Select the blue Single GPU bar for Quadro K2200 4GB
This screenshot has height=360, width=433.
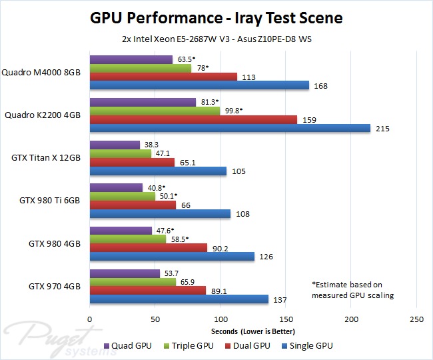pyautogui.click(x=229, y=128)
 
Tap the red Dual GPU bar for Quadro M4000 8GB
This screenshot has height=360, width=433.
pyautogui.click(x=163, y=76)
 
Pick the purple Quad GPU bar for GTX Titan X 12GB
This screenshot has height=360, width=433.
pyautogui.click(x=115, y=145)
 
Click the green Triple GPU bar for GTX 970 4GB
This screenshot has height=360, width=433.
pyautogui.click(x=133, y=281)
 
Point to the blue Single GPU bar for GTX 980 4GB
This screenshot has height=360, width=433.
pyautogui.click(x=172, y=257)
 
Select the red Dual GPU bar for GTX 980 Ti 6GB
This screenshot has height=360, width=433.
pyautogui.click(x=133, y=205)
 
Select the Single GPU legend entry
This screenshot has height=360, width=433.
pyautogui.click(x=308, y=345)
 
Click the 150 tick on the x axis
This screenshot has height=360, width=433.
pyautogui.click(x=286, y=318)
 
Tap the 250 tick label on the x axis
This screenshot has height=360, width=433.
pyautogui.click(x=417, y=318)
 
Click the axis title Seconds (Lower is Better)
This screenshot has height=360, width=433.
pyautogui.click(x=253, y=331)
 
